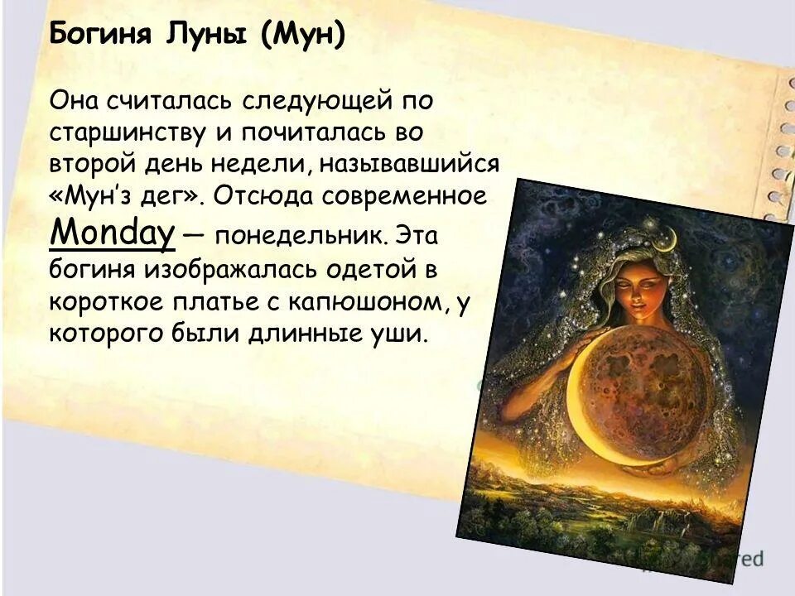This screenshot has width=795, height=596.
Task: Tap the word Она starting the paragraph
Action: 77,100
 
